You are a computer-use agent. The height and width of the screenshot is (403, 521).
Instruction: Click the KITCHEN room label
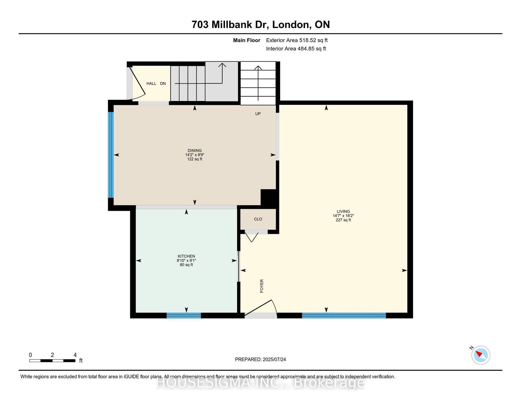tap(186, 256)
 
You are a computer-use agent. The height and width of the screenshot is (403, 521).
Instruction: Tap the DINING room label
tap(195, 150)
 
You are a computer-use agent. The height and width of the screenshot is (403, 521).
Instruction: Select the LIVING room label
tap(343, 211)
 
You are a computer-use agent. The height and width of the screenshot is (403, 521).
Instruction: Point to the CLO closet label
tap(258, 219)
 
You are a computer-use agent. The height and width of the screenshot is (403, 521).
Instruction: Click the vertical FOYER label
tap(262, 286)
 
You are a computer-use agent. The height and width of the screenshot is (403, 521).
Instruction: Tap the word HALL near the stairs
tap(151, 84)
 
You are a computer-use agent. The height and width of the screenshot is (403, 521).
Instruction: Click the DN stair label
tap(163, 84)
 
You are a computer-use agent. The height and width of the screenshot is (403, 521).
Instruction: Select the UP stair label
tap(258, 114)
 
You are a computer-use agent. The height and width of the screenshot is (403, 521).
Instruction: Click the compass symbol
tap(481, 355)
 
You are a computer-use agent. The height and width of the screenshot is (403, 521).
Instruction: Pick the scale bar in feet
tap(52, 361)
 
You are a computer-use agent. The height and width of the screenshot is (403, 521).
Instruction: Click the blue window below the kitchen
tap(184, 316)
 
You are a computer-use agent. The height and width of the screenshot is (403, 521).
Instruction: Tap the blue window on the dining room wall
tap(111, 155)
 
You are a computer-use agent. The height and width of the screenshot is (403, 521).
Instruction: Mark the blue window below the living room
tap(344, 316)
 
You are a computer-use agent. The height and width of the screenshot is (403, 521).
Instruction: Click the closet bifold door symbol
tap(252, 237)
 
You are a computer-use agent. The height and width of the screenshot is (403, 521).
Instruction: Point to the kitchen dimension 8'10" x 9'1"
tap(186, 260)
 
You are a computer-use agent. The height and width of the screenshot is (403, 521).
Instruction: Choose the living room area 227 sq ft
tap(343, 220)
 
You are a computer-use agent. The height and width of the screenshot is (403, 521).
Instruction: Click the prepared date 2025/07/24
tap(274, 360)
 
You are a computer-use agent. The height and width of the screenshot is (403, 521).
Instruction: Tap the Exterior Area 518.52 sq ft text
tap(297, 40)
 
